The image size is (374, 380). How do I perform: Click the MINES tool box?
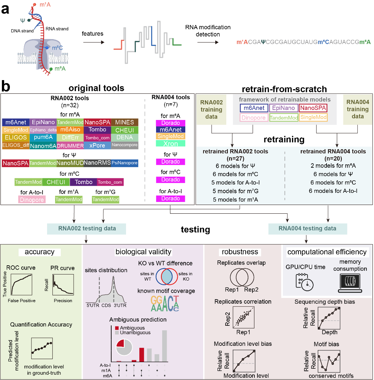pos(125,122)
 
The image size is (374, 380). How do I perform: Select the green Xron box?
pos(170,143)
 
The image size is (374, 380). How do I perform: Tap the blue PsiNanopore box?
pos(125,163)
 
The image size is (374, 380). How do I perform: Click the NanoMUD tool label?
pos(70,163)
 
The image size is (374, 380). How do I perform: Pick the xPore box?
pos(97,145)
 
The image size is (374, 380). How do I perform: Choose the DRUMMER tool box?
pos(70,146)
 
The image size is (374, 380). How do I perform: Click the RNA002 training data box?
pos(211,109)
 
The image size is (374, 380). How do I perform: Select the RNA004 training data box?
pos(357,109)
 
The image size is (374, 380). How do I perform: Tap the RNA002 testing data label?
pos(87,229)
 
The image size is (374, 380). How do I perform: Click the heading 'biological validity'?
pos(144,251)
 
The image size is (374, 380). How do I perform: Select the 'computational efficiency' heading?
pos(327,252)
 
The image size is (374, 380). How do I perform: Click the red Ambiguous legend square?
pos(117,328)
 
